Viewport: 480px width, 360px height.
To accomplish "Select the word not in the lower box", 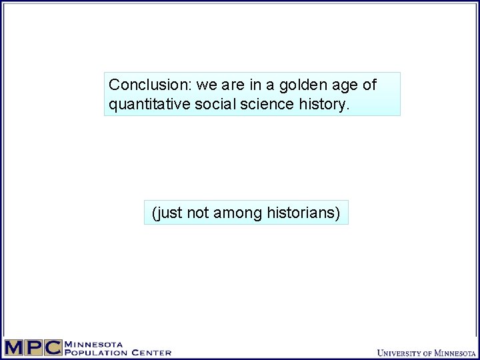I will click(x=197, y=213).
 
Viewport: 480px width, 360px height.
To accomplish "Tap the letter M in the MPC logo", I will click(x=15, y=348).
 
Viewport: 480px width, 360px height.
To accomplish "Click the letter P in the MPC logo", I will click(x=34, y=348).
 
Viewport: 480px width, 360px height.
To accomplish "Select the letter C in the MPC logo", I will click(x=53, y=348).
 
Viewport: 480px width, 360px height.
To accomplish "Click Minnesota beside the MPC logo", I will click(x=93, y=344).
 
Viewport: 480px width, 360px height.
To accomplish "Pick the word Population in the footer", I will click(x=96, y=353).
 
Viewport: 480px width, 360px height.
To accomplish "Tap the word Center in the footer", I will click(x=151, y=353).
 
